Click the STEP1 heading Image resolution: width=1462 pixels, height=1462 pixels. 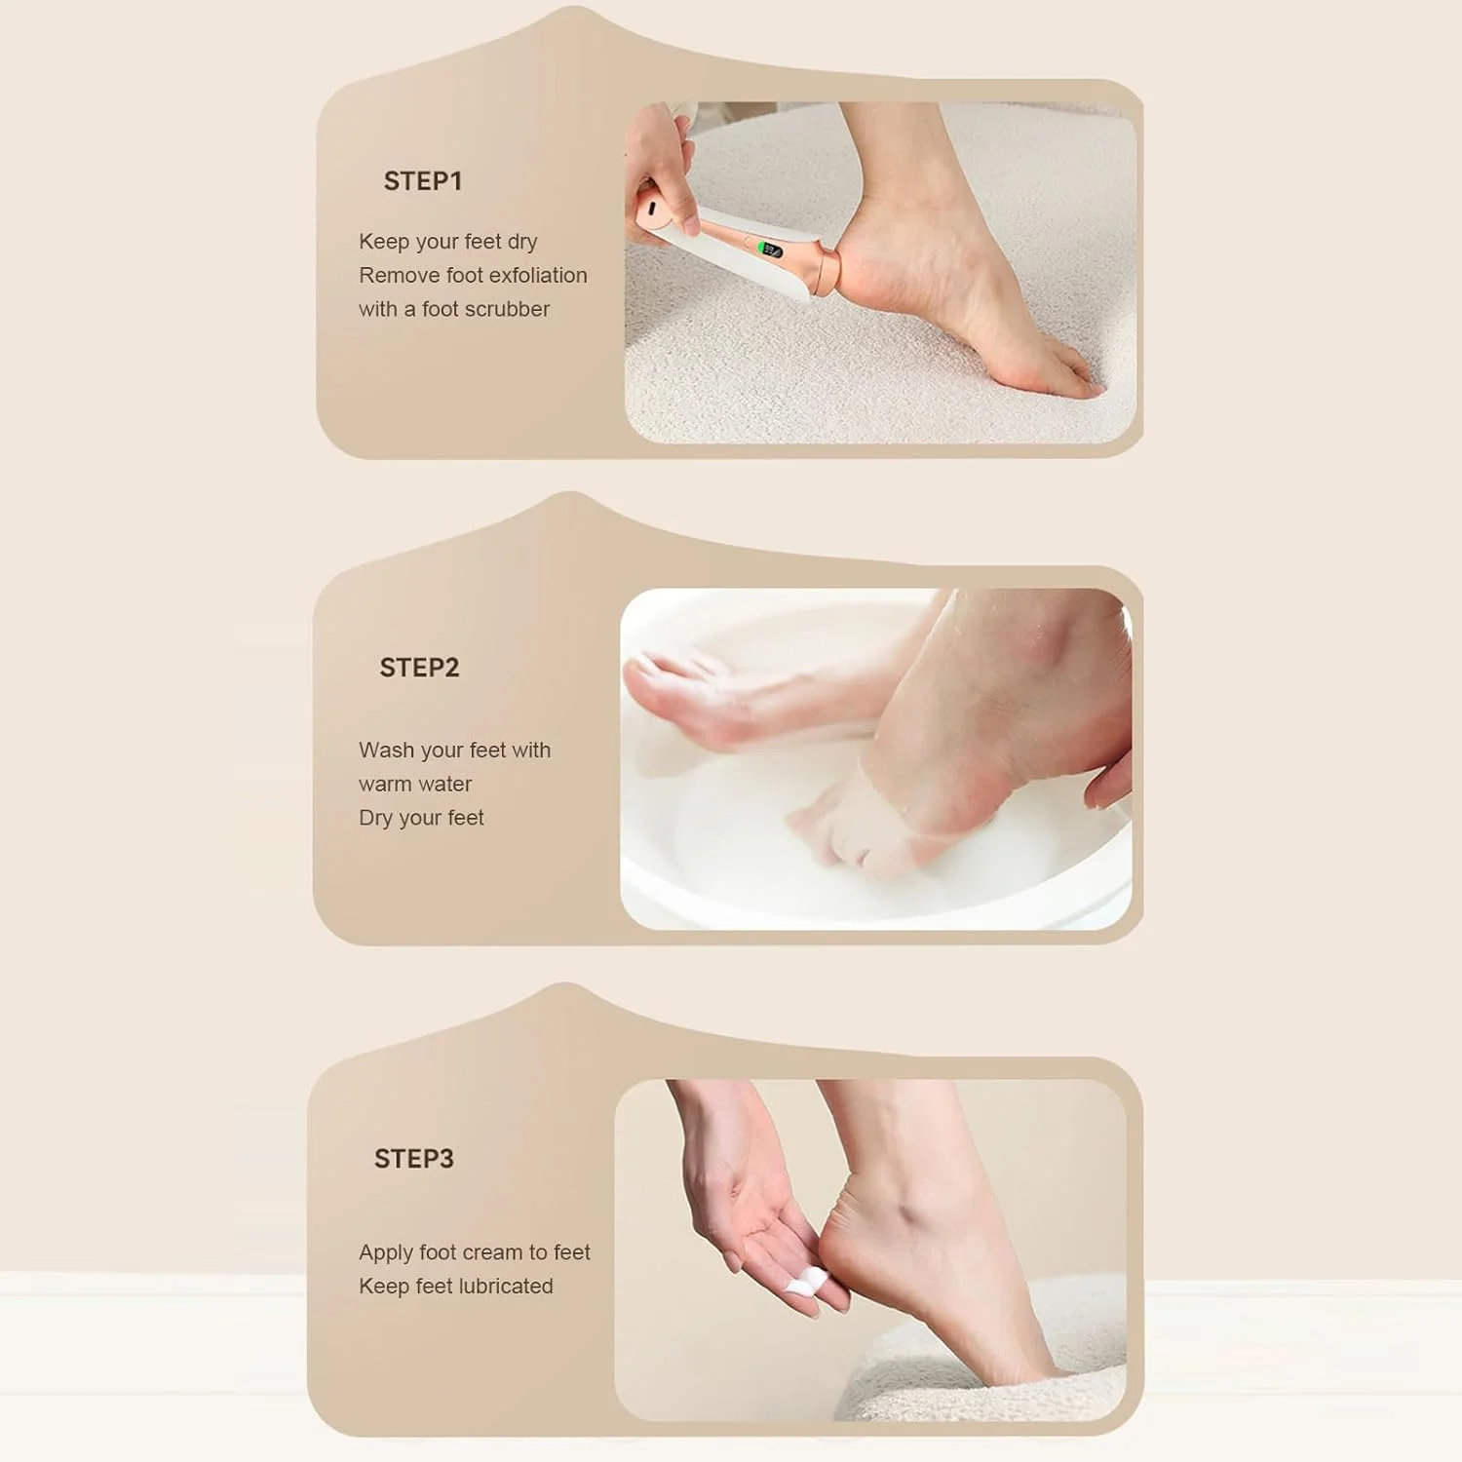pyautogui.click(x=422, y=181)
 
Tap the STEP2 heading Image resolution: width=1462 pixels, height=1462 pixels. pyautogui.click(x=419, y=668)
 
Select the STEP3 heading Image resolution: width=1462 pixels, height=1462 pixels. pyautogui.click(x=414, y=1159)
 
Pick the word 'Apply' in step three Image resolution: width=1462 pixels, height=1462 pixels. pyautogui.click(x=386, y=1253)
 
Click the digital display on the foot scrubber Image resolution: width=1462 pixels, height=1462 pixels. pyautogui.click(x=772, y=250)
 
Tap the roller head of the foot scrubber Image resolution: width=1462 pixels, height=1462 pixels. pyautogui.click(x=827, y=272)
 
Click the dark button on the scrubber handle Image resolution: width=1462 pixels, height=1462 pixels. pyautogui.click(x=649, y=208)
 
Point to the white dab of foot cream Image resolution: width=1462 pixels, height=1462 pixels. pyautogui.click(x=807, y=1281)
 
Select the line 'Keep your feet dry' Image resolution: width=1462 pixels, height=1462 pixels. pyautogui.click(x=447, y=242)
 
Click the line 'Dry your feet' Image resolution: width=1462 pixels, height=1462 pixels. pyautogui.click(x=421, y=819)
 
